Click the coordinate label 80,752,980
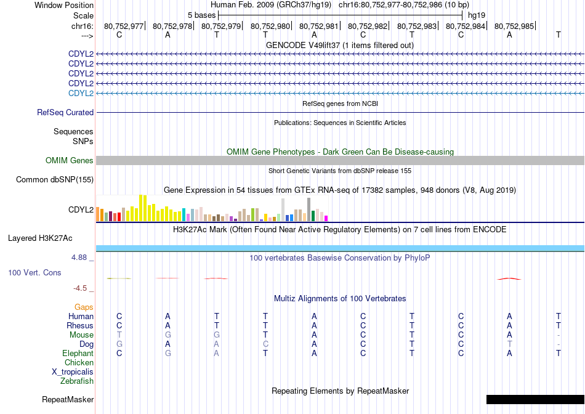(270, 26)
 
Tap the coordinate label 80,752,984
(466, 26)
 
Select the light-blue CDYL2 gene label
(81, 93)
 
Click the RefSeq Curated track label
(65, 112)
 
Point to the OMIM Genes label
(70, 161)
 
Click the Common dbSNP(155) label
(55, 179)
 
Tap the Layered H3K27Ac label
(40, 238)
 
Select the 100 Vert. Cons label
(34, 272)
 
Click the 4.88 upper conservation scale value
(79, 258)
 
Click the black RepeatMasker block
(535, 399)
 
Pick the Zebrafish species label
(77, 381)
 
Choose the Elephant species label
(78, 353)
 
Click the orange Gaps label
(84, 307)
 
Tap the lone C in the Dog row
(265, 344)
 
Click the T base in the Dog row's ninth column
(510, 344)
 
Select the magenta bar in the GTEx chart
(326, 218)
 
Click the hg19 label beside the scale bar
(477, 15)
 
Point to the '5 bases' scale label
(202, 15)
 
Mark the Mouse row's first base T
(119, 335)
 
